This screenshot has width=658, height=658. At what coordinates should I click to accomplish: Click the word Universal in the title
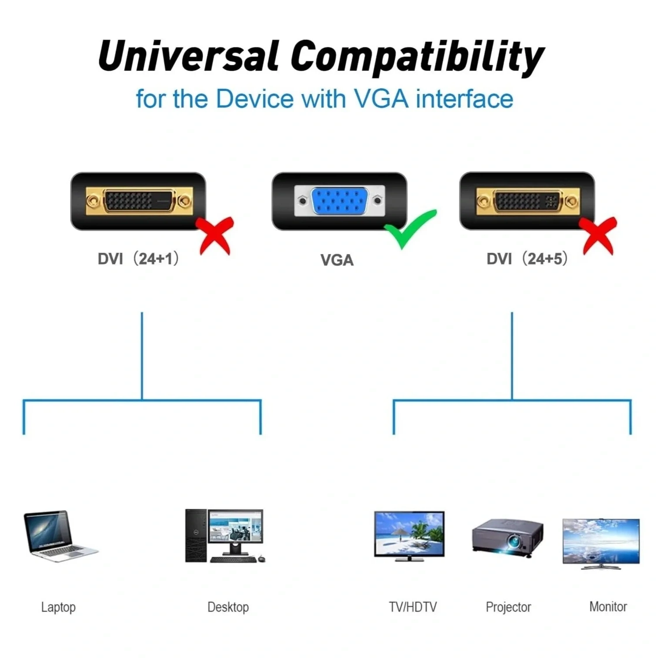click(189, 56)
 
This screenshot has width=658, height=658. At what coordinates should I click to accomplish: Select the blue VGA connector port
click(339, 201)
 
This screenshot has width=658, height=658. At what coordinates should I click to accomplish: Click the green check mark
click(410, 229)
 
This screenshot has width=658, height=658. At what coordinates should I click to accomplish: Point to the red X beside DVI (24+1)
click(215, 235)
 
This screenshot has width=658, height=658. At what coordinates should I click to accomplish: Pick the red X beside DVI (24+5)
click(598, 235)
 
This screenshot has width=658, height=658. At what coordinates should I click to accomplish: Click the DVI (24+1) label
click(138, 259)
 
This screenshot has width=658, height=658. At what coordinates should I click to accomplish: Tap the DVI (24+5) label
click(527, 259)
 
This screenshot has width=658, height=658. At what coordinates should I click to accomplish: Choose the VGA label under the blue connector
click(337, 260)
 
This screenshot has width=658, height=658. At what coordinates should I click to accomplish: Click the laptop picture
click(60, 536)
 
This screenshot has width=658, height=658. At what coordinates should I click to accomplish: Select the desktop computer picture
click(225, 536)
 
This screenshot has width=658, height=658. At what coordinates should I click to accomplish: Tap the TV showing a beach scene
click(409, 536)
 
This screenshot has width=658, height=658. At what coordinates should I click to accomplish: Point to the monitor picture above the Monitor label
click(601, 544)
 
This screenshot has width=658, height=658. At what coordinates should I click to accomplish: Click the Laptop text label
click(58, 607)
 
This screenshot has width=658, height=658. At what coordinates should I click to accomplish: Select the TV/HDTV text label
click(413, 607)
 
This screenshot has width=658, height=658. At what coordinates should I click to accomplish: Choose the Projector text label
click(508, 607)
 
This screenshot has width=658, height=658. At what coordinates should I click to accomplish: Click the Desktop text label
click(228, 607)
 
